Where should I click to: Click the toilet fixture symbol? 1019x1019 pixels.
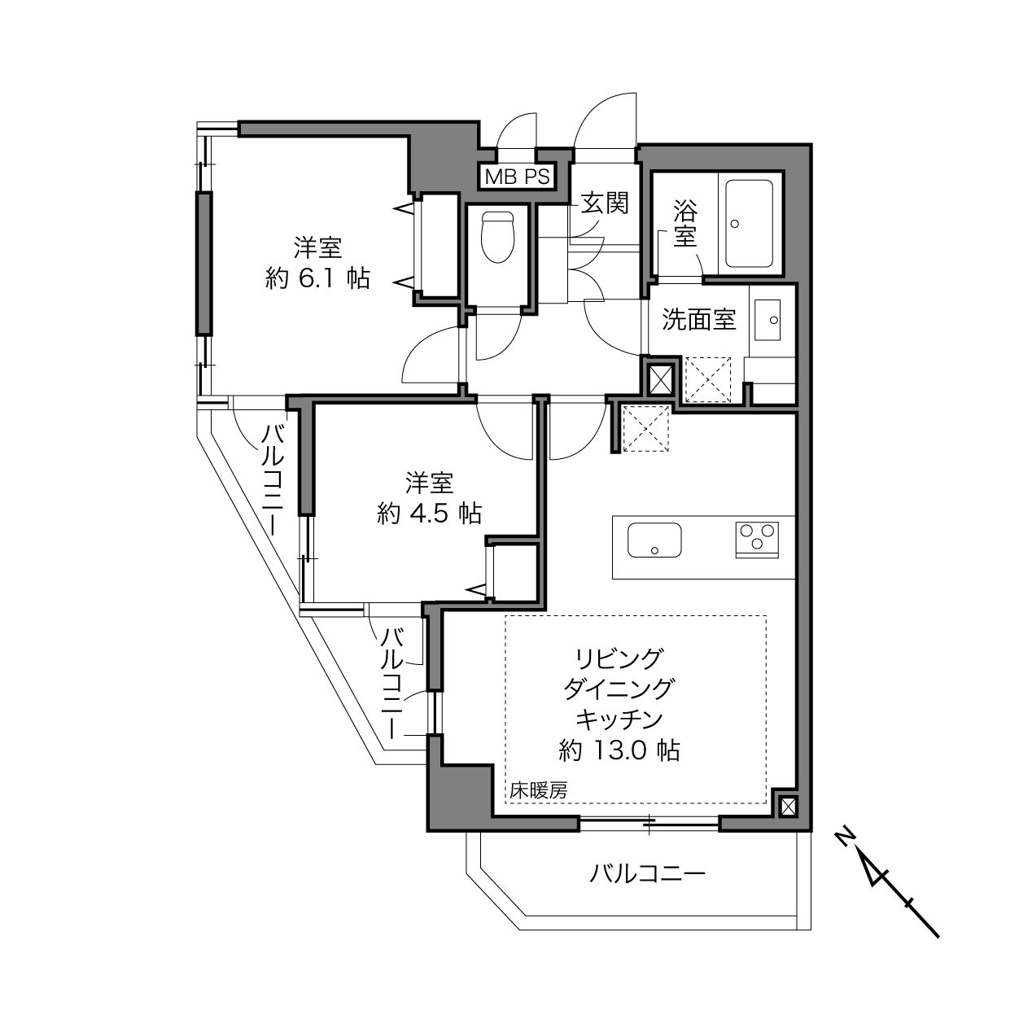tap(497, 237)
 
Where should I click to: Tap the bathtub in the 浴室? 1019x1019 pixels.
tap(749, 224)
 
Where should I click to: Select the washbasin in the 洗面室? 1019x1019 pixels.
tap(767, 319)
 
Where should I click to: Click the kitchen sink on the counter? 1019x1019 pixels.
tap(654, 540)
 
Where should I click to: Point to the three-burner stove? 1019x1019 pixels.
tap(757, 540)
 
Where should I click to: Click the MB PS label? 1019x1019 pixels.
tap(517, 177)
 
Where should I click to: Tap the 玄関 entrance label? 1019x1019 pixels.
tap(605, 203)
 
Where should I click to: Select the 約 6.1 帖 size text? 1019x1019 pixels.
tap(317, 278)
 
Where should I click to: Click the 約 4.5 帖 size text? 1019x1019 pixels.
tap(429, 513)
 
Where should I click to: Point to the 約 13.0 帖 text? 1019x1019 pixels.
tap(619, 750)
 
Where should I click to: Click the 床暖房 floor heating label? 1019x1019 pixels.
tap(539, 790)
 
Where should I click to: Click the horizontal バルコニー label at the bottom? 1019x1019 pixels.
tap(647, 874)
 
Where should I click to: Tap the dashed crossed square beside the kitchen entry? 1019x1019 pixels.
tap(645, 428)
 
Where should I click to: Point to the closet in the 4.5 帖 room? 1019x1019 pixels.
tap(515, 571)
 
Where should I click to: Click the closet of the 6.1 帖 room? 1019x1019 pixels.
tap(439, 245)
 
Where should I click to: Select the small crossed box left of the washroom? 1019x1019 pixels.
tap(660, 379)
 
